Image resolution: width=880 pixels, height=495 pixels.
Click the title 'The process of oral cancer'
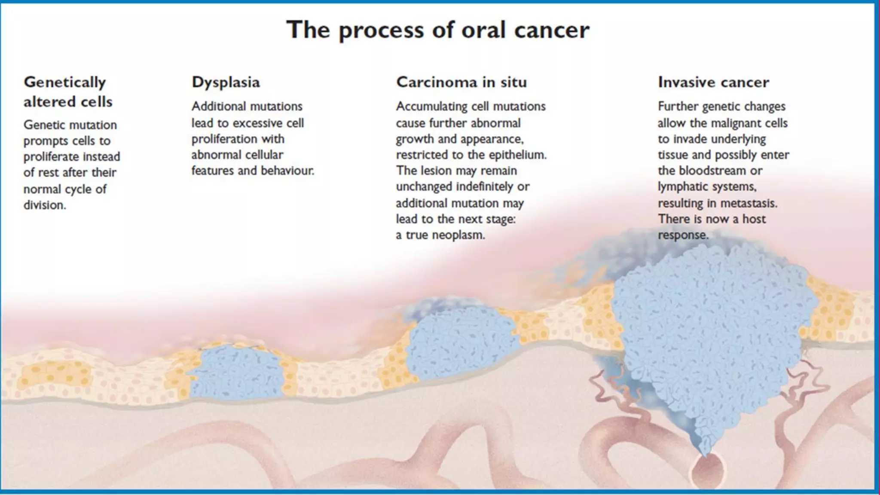click(x=438, y=30)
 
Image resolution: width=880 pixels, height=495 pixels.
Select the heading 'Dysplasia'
click(x=226, y=82)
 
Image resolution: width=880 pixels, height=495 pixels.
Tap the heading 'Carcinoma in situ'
click(x=461, y=82)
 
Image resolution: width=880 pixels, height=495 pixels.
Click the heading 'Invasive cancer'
click(x=713, y=82)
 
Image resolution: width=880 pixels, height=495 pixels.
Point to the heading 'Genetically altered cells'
click(x=67, y=92)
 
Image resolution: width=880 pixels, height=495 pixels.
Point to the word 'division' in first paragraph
click(x=44, y=205)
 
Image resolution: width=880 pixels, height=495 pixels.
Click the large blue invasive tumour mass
click(x=709, y=335)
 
